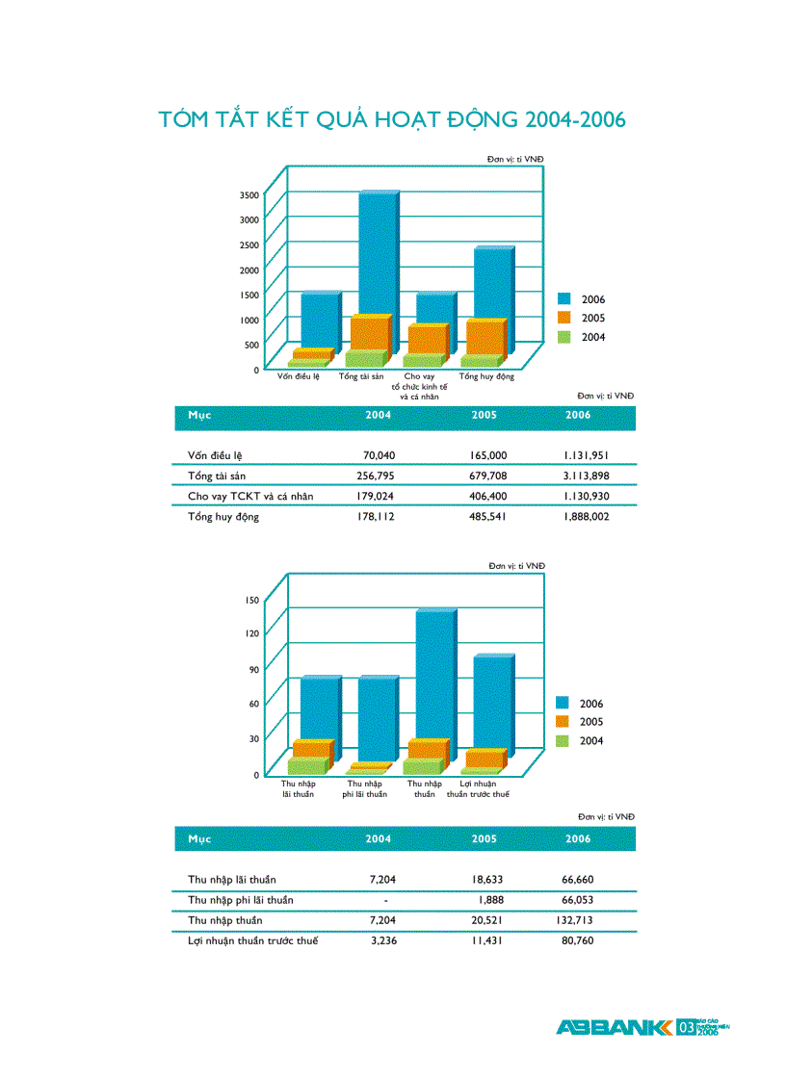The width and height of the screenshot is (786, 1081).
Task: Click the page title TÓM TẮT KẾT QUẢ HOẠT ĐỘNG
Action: pos(392,119)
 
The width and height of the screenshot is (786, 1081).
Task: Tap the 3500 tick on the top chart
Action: pos(249,194)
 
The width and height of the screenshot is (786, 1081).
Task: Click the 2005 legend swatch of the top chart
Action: pos(563,318)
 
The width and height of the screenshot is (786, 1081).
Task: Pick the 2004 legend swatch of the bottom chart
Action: pos(563,740)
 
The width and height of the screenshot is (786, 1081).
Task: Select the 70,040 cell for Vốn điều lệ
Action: pos(379,455)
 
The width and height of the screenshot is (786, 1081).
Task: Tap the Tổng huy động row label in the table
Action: pos(223,517)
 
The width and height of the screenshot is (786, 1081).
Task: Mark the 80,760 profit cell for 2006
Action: pos(577,940)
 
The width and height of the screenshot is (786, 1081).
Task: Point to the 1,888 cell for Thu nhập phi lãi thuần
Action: pos(491,900)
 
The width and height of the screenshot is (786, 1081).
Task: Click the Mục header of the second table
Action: pos(199,839)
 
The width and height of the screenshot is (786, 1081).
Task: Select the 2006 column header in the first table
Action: pos(578,415)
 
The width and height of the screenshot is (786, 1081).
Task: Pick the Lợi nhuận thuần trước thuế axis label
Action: pos(478,789)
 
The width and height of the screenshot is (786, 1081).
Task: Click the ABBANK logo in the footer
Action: pos(615,1027)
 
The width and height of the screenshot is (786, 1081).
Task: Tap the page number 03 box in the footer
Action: pos(686,1028)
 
